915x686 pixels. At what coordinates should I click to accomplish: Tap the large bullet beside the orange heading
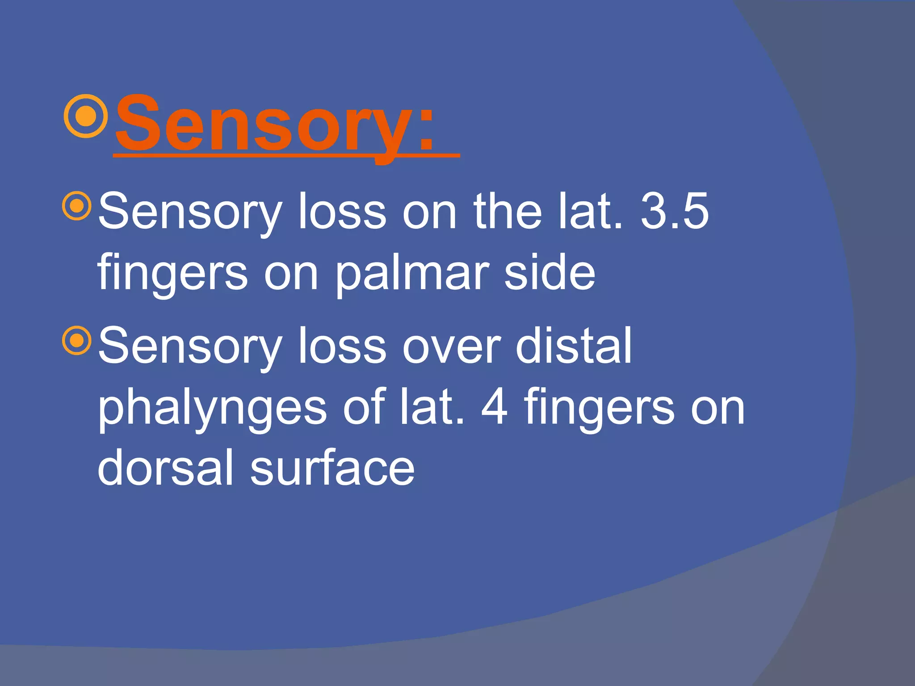pos(86,116)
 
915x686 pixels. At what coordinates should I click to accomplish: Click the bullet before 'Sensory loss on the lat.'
pos(78,206)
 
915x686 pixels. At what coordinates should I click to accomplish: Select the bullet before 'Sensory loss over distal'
pos(78,341)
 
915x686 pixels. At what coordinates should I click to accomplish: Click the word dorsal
pos(166,467)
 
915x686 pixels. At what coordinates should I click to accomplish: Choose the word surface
pos(332,467)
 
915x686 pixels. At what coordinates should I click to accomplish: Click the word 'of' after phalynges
pos(364,406)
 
